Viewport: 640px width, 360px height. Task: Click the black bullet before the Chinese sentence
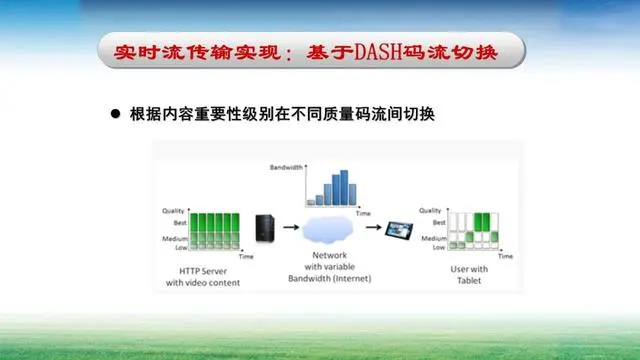coord(115,114)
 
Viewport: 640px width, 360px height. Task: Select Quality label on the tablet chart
coord(430,211)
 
